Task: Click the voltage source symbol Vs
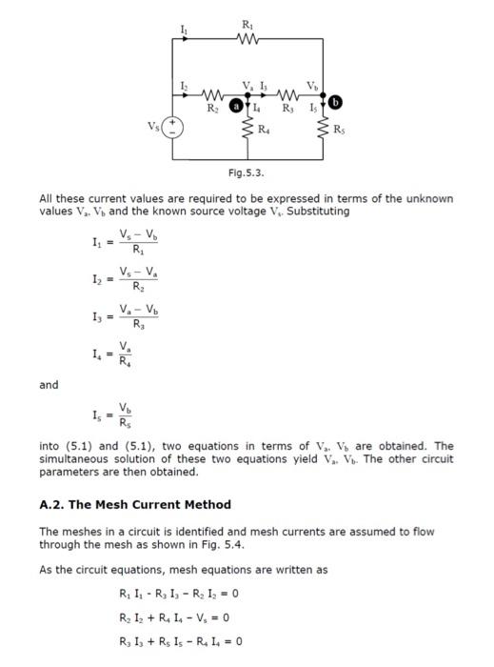tap(173, 127)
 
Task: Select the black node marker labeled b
tap(335, 102)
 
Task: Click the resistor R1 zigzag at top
tap(249, 39)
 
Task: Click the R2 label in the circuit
tap(215, 110)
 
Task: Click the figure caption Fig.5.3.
tap(247, 172)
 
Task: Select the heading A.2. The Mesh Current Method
tap(134, 504)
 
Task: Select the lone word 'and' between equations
tap(49, 385)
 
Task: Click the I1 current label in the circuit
tap(185, 33)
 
